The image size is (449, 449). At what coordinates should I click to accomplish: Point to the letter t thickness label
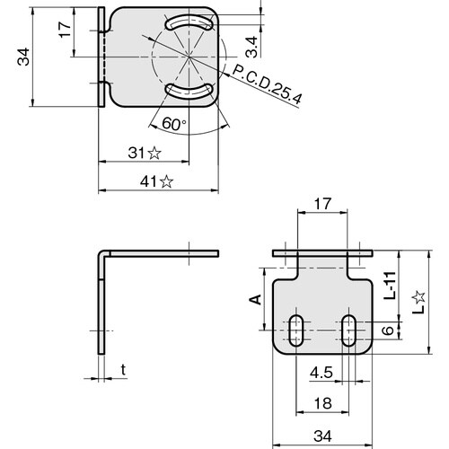(122, 368)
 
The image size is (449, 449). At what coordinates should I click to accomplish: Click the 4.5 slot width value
(318, 373)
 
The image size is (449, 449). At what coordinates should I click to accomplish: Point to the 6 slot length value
(387, 331)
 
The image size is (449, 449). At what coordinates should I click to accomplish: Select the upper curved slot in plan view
(189, 22)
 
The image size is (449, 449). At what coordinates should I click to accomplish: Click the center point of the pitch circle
(189, 56)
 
